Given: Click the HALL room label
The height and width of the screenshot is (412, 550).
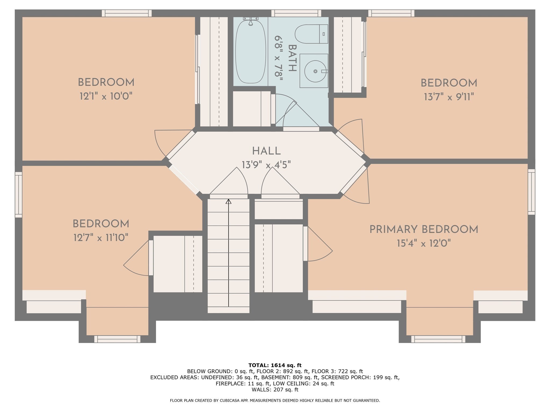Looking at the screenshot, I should click(x=266, y=151).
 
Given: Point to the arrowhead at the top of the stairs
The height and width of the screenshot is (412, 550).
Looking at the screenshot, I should click(x=228, y=201).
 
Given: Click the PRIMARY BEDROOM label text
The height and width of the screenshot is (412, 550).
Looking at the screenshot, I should click(x=424, y=230).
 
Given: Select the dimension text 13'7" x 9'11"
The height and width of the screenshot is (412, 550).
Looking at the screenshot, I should click(x=449, y=97).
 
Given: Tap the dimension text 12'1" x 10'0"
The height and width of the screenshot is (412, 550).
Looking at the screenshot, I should click(x=106, y=96).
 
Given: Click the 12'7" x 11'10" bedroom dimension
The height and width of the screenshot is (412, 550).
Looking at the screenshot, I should click(x=101, y=238).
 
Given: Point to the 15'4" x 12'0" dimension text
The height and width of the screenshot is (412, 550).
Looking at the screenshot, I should click(x=424, y=244).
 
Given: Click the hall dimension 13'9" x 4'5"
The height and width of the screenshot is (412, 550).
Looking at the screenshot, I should click(x=266, y=165).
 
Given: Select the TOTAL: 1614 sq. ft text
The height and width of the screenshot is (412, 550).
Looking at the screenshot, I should click(x=275, y=365).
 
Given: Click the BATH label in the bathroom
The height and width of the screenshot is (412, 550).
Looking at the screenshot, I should click(x=292, y=58).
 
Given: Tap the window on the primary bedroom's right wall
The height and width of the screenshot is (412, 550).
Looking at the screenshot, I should click(x=531, y=192).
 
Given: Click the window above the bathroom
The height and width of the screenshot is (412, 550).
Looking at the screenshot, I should click(x=296, y=13).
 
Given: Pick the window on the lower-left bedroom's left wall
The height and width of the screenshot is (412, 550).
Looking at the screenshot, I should click(x=19, y=194).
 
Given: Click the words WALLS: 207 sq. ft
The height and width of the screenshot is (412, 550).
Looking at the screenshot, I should click(x=275, y=389).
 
